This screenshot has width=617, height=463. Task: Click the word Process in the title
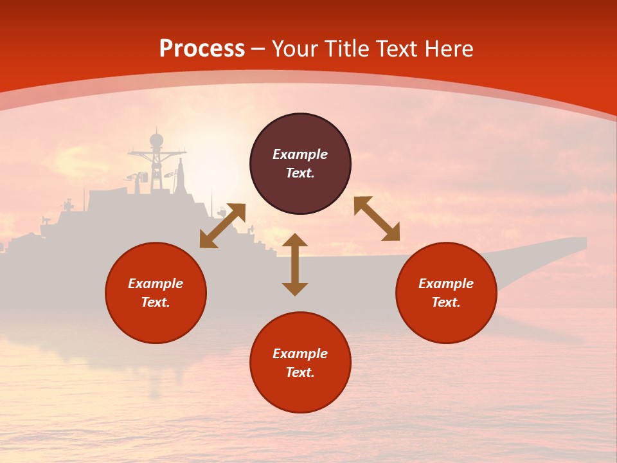(x=202, y=49)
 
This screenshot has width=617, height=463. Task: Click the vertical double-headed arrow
(x=295, y=264)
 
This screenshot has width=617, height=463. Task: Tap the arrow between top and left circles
(x=222, y=226)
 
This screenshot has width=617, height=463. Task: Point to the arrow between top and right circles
(x=377, y=219)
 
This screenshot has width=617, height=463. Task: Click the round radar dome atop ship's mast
(x=156, y=140)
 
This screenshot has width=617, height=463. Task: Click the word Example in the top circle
(x=300, y=154)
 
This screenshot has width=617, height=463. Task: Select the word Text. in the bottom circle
(x=300, y=372)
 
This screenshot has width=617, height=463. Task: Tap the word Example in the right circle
(x=446, y=284)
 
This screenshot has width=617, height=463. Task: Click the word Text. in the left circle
(x=156, y=302)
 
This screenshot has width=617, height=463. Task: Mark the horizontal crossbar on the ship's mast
(x=156, y=154)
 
